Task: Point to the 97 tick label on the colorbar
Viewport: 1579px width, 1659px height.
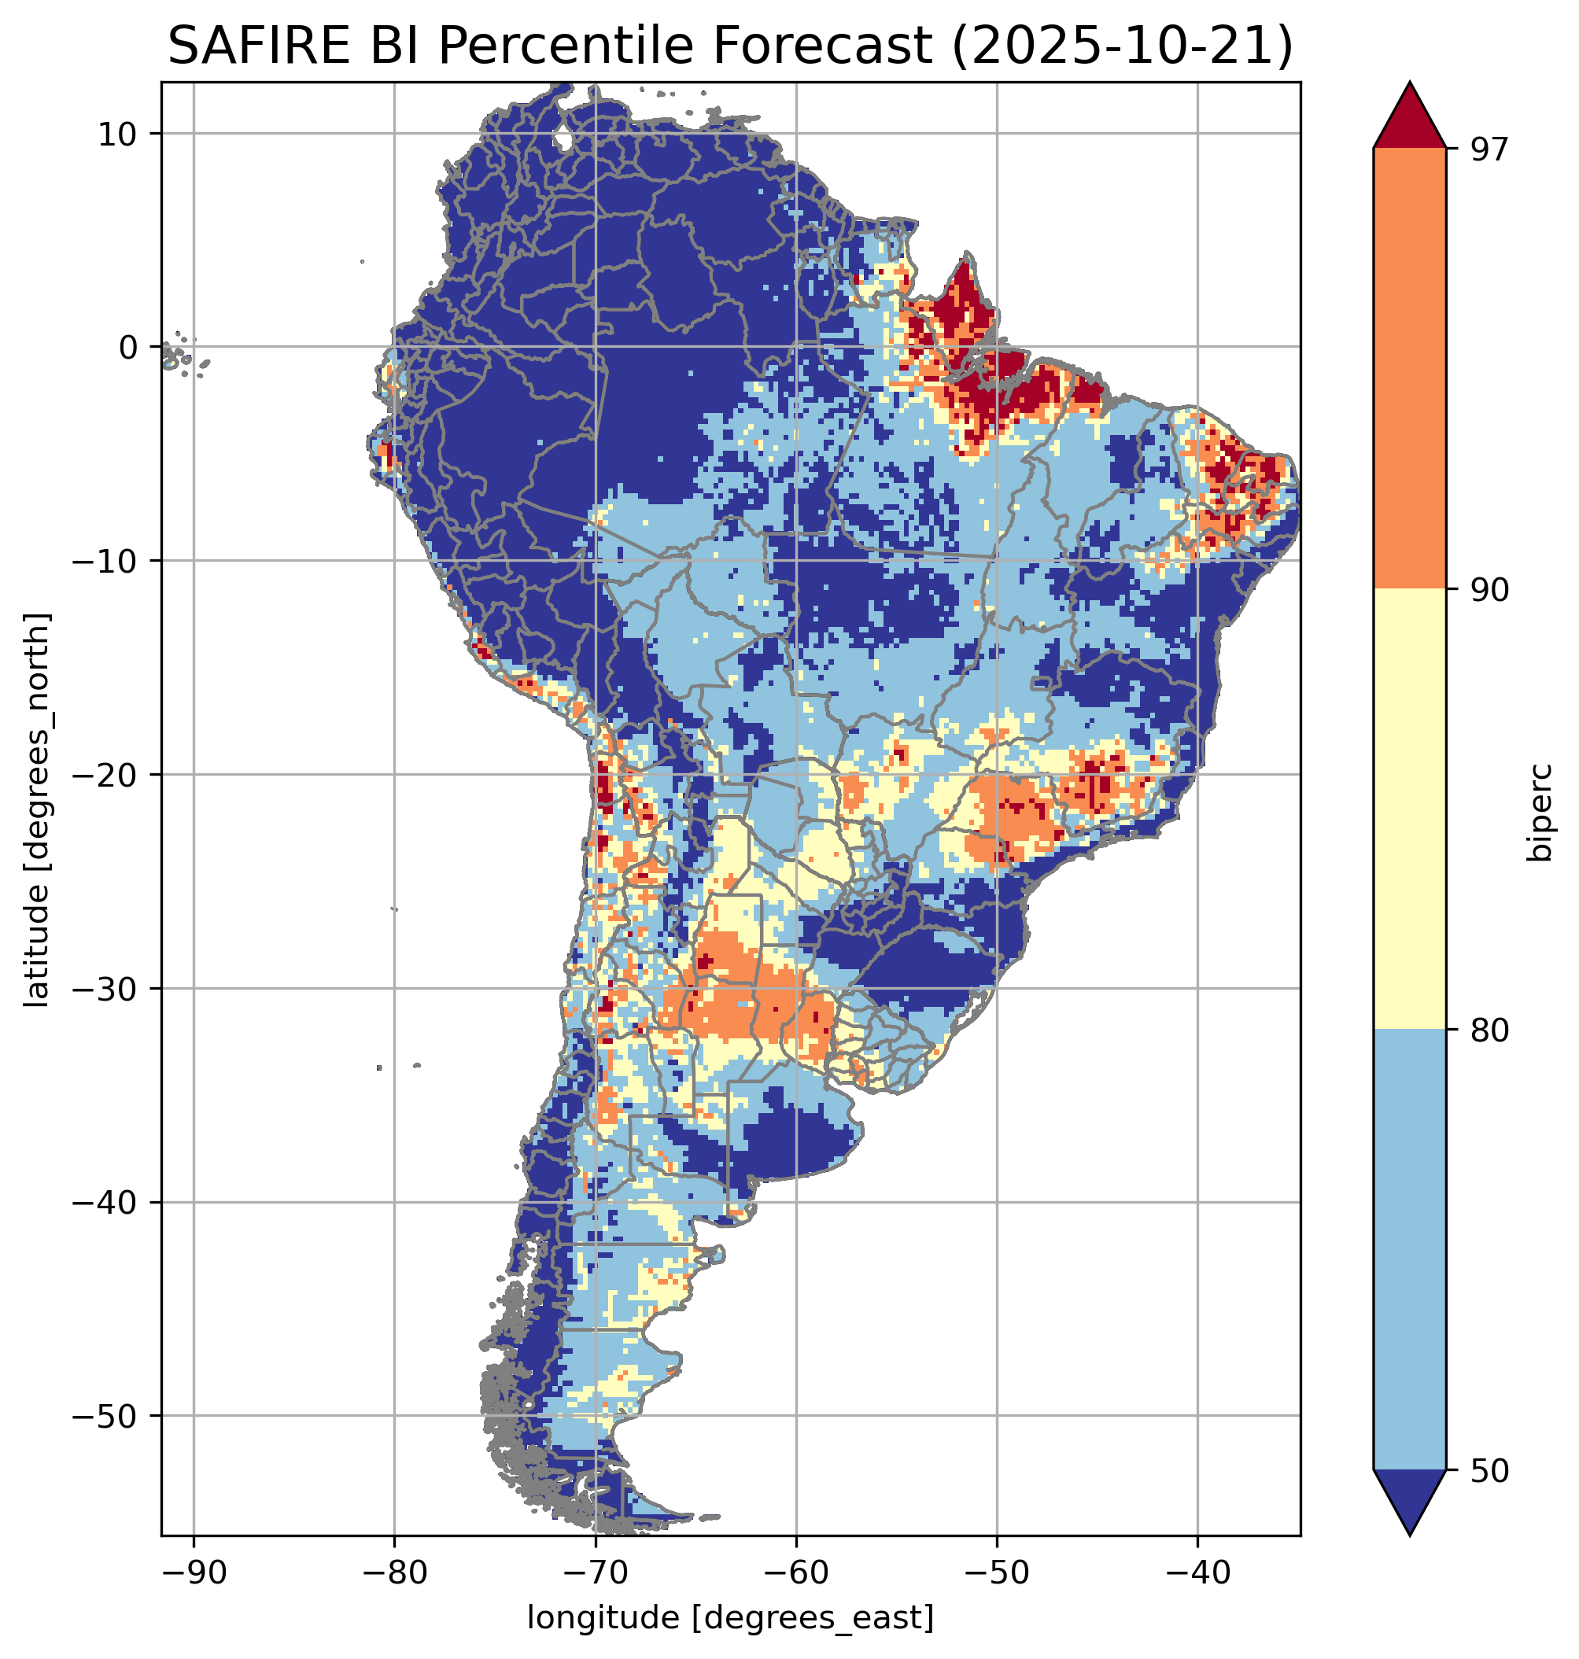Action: click(x=1489, y=149)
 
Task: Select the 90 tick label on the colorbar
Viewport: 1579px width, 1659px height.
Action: click(x=1489, y=590)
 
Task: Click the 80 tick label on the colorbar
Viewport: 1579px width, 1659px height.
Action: click(x=1489, y=1030)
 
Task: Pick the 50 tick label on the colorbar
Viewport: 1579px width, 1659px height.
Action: click(x=1489, y=1470)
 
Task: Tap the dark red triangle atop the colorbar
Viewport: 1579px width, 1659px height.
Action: click(x=1409, y=118)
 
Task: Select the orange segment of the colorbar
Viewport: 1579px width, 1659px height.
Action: click(x=1409, y=369)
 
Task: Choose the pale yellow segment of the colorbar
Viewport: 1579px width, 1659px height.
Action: click(x=1409, y=808)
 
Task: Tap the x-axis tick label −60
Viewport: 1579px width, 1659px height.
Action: click(x=795, y=1573)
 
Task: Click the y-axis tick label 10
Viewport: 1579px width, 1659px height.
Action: click(x=118, y=134)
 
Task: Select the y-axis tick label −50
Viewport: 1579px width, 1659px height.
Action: click(x=105, y=1417)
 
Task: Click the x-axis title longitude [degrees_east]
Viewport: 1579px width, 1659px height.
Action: click(x=730, y=1617)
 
